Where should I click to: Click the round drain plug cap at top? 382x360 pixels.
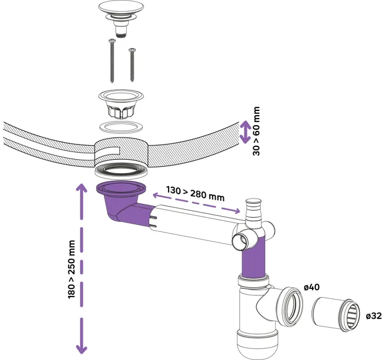click(121, 8)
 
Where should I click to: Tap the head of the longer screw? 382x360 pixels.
click(112, 40)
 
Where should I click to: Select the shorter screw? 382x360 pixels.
click(132, 65)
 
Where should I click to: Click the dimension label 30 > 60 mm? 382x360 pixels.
click(256, 131)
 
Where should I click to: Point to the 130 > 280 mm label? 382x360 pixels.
click(195, 194)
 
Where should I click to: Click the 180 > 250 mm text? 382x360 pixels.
click(71, 269)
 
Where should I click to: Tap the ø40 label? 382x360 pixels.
click(311, 287)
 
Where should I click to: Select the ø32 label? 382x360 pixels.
click(374, 316)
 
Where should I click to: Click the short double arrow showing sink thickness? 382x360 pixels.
click(245, 132)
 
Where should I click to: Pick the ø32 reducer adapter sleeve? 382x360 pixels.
click(336, 314)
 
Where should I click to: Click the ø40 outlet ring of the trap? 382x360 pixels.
click(290, 306)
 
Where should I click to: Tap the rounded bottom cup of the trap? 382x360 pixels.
click(257, 345)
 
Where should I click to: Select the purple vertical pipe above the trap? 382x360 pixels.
click(253, 258)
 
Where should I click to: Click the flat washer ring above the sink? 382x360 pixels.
click(121, 127)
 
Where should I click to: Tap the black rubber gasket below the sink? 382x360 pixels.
click(121, 169)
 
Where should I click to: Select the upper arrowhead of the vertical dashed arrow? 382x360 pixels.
click(82, 189)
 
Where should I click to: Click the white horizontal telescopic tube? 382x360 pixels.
click(195, 224)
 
